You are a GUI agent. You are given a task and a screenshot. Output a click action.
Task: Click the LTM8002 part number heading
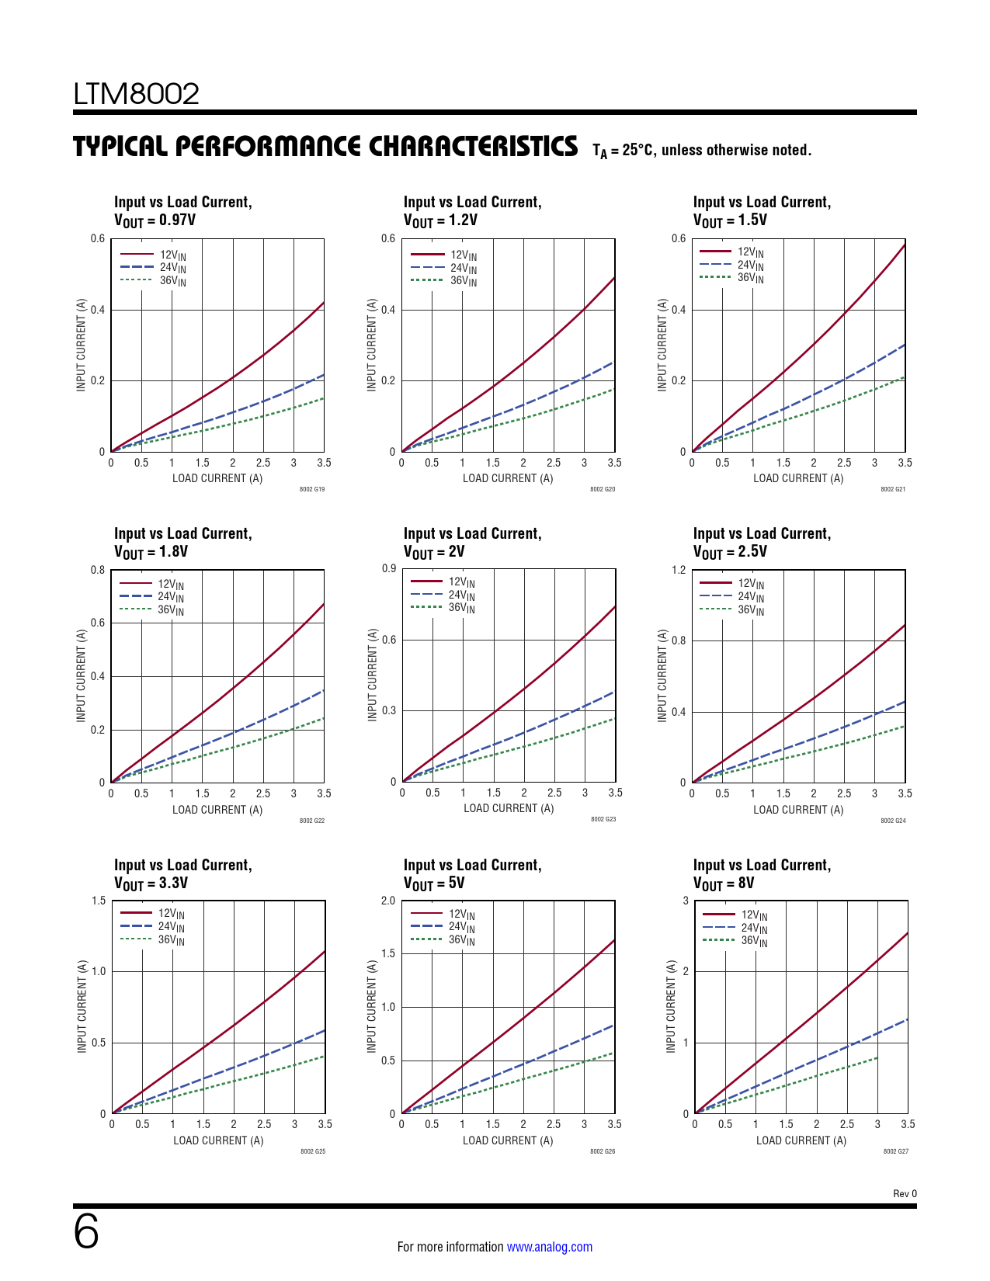tap(137, 94)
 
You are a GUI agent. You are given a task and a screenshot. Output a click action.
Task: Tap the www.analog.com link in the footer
tap(549, 1247)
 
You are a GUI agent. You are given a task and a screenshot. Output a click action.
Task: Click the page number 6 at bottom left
tap(86, 1232)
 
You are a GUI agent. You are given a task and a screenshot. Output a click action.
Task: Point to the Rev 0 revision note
tap(905, 1194)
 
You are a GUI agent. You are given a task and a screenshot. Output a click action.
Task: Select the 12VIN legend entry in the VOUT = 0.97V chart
tap(172, 255)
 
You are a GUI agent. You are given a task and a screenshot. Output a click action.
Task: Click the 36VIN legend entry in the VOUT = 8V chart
tap(753, 941)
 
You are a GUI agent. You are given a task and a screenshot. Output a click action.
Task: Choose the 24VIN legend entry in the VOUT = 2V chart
tap(461, 595)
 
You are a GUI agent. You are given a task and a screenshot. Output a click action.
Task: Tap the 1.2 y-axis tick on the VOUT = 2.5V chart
tap(679, 570)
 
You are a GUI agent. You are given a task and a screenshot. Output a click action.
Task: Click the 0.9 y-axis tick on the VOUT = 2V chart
tap(389, 568)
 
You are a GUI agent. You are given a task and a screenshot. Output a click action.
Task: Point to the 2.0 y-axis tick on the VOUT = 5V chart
tap(387, 901)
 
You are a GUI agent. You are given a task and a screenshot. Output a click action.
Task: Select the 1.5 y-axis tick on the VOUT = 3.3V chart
tap(99, 901)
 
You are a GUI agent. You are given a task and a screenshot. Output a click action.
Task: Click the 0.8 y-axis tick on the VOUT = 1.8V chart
tap(98, 570)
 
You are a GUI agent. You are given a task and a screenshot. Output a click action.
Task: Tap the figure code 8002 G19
tap(312, 489)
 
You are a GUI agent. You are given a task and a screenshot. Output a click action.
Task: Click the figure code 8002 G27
tap(895, 1151)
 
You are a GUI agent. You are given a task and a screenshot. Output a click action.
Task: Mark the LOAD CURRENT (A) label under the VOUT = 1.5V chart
tap(798, 478)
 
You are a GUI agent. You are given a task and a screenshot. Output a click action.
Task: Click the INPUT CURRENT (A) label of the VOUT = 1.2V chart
tap(372, 345)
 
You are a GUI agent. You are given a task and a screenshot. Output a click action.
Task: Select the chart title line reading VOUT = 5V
tap(434, 884)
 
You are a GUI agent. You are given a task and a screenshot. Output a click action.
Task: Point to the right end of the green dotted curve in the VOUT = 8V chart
tap(877, 1057)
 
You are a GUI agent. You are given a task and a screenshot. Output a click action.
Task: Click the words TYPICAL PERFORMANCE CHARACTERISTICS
tap(325, 146)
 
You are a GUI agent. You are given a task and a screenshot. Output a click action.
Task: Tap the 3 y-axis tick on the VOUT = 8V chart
tap(686, 901)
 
